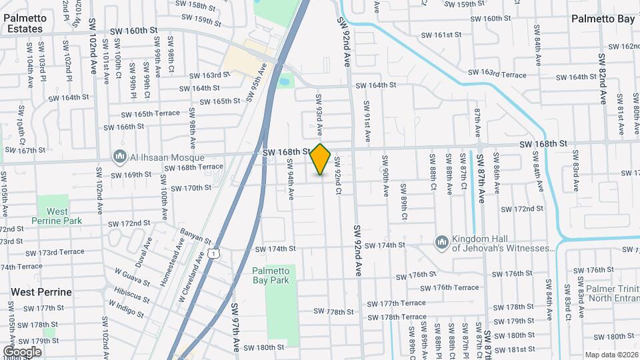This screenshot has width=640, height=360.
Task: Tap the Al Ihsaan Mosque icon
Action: pyautogui.click(x=120, y=156)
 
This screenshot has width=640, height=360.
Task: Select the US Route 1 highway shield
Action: pyautogui.click(x=213, y=253)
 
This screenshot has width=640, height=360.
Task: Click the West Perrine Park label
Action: pyautogui.click(x=57, y=216)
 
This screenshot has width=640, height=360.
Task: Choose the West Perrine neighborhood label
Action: pyautogui.click(x=41, y=292)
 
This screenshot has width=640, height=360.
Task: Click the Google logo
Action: pyautogui.click(x=22, y=351)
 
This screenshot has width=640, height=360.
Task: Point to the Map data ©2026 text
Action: pyautogui.click(x=611, y=355)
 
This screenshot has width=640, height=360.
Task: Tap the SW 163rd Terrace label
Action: pyautogui.click(x=497, y=73)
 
